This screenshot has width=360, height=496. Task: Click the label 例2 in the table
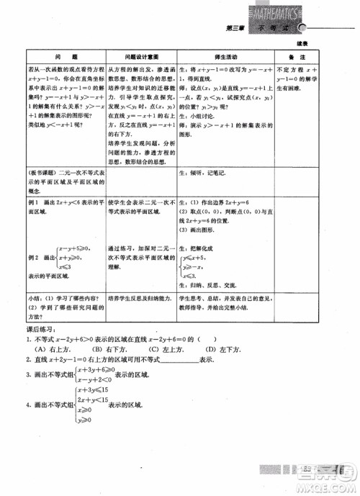click(x=33, y=257)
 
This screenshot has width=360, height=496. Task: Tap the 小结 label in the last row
click(x=35, y=297)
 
